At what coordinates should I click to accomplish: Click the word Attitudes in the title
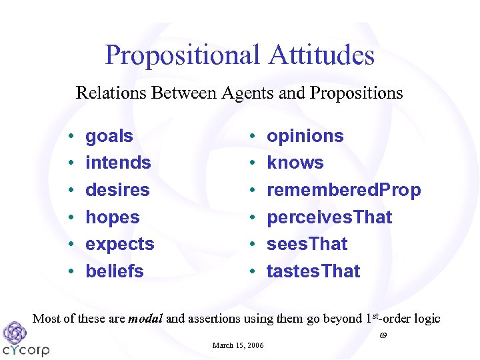coord(321,55)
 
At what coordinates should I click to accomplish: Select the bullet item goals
coord(109,136)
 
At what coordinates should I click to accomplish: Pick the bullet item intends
coord(118,163)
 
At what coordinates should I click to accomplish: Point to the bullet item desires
coord(117,190)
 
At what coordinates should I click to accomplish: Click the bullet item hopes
coord(113,217)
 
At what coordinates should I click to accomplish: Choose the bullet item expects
coord(120,245)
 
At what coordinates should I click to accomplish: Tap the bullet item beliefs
coord(115,271)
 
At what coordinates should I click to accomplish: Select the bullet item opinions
coord(305,136)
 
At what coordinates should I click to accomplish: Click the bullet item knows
coord(295,163)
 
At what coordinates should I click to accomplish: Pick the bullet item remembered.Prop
coord(343,190)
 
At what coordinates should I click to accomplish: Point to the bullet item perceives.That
coord(329,217)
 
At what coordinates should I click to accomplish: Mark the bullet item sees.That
coord(307,245)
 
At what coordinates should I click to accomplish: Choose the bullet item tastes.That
coord(313,271)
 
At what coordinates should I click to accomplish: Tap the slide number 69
coord(383,335)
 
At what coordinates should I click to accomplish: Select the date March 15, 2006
coord(238,345)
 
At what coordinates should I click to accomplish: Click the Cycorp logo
coord(25,340)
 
